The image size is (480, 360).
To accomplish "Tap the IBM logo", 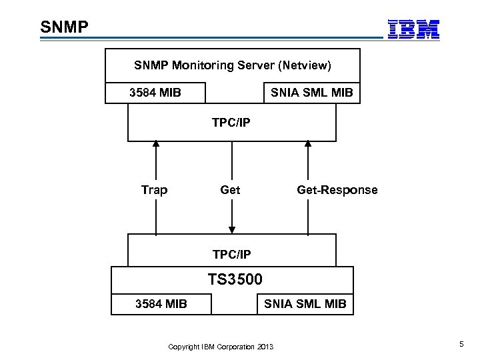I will tap(414, 29).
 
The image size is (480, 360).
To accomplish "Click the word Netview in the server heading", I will tap(302, 65).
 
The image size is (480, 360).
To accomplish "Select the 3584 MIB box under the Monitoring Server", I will tap(155, 92).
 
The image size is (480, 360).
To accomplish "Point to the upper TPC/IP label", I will tap(231, 123).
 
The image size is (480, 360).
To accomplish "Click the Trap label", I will tap(155, 190).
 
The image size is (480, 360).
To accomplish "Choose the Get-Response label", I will tap(337, 190).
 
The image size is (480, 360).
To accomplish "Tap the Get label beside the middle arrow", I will tap(230, 190).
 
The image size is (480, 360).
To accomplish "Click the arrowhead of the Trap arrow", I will tap(156, 143).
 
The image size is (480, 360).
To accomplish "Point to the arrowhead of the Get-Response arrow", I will tap(308, 143).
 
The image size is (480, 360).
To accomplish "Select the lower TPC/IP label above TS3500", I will tap(231, 255).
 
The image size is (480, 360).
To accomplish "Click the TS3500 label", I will tap(235, 279).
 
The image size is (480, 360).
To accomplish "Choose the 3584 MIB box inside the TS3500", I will tap(161, 304).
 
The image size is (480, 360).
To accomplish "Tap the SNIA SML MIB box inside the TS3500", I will tap(305, 304).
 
